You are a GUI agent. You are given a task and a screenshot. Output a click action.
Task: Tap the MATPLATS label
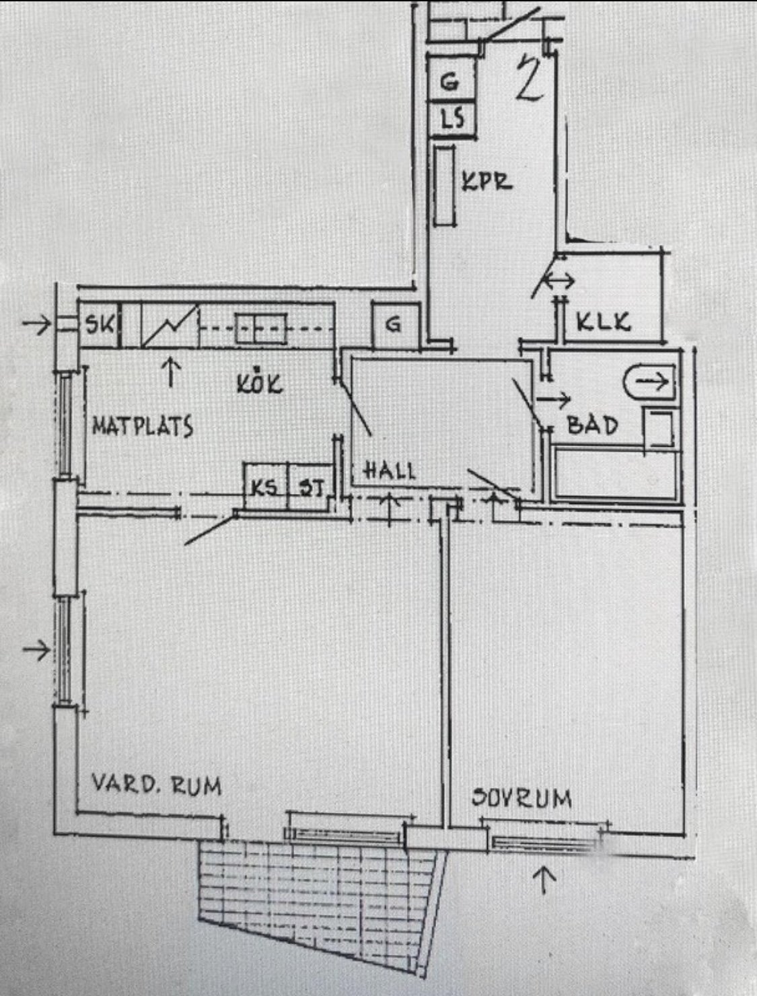(143, 426)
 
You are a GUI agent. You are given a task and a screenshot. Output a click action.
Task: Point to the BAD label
(592, 425)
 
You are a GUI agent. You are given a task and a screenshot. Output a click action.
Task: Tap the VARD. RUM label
(157, 784)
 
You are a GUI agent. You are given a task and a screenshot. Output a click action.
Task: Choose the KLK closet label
(604, 322)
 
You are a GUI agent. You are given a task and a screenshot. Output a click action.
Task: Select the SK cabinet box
(100, 324)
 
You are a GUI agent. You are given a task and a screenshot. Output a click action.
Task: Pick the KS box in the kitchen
(266, 487)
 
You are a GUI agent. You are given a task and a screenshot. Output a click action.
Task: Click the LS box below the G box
(453, 119)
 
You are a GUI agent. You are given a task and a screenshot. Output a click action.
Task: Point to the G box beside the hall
(395, 325)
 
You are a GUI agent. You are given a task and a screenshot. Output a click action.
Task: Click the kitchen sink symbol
(261, 328)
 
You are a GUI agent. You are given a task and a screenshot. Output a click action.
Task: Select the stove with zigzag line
(170, 324)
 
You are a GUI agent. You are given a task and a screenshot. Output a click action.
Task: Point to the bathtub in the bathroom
(616, 474)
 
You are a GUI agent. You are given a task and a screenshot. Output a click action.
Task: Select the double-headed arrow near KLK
(558, 281)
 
